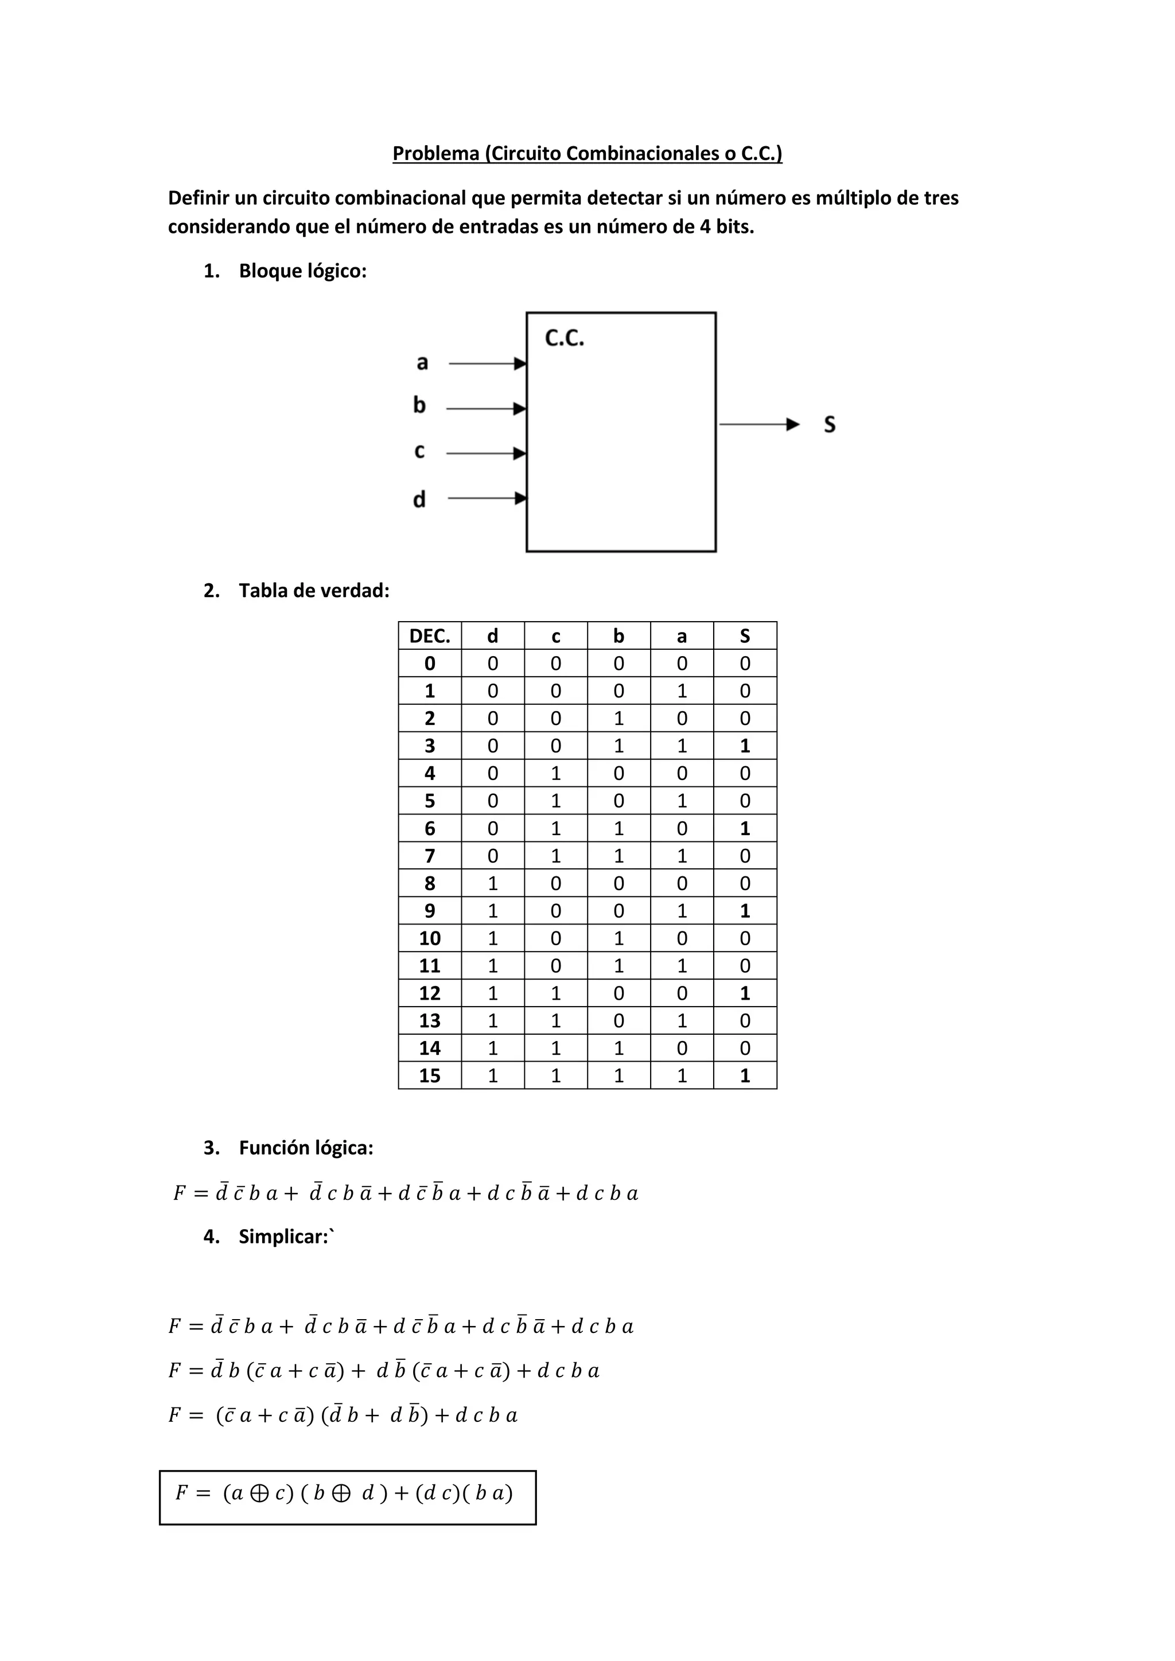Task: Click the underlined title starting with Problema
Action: click(587, 153)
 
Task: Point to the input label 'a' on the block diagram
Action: click(422, 362)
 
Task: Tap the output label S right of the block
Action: click(829, 424)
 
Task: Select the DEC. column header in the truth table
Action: click(429, 636)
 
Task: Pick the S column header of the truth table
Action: click(745, 636)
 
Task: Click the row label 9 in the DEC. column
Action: click(429, 911)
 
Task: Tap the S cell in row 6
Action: click(745, 828)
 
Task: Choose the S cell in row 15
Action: click(745, 1076)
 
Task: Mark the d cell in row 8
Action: click(492, 883)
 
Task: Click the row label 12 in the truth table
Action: click(429, 993)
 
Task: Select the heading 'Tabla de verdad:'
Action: click(313, 591)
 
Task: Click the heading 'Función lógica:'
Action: click(305, 1148)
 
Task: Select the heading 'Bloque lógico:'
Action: click(302, 271)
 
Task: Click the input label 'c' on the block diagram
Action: click(419, 451)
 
